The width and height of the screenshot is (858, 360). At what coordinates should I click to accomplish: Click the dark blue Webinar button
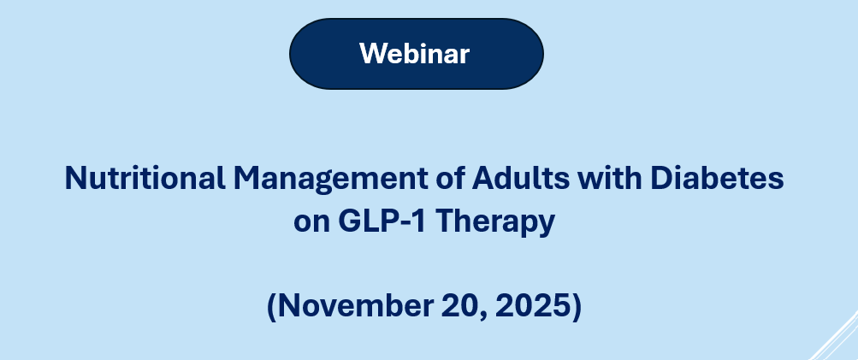click(x=416, y=53)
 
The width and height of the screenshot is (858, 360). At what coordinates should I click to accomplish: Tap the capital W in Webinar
click(x=371, y=53)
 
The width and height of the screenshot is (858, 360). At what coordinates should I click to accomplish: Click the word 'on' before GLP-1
click(x=310, y=222)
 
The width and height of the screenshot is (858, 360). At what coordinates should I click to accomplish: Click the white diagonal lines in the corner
click(x=834, y=338)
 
